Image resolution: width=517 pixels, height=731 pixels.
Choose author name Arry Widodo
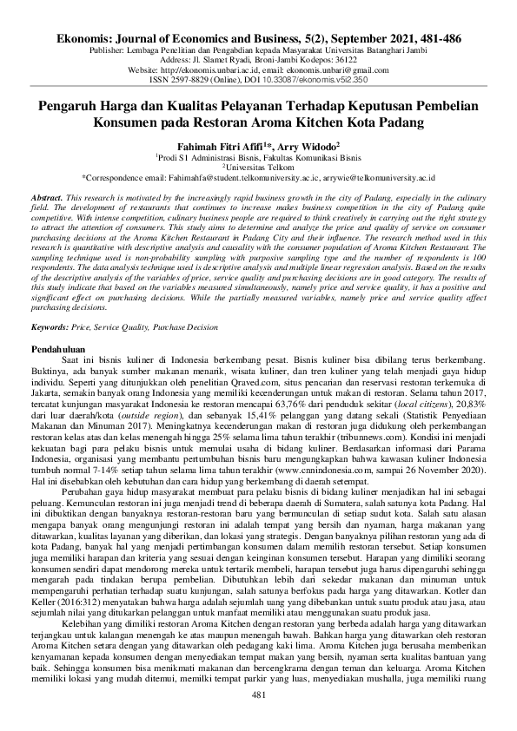(309, 147)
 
